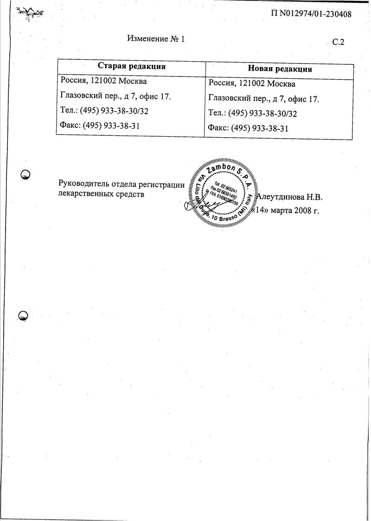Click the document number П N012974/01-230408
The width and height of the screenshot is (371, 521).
311,14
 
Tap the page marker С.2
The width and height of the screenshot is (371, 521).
339,42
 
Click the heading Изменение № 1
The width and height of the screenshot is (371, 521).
156,39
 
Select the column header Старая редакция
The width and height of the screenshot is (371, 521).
131,66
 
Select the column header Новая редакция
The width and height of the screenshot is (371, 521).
280,69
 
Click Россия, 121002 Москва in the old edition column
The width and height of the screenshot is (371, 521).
104,82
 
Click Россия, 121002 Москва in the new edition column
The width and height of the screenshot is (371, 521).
252,84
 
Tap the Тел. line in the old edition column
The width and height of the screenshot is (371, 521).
104,111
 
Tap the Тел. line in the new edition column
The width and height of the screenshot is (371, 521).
253,114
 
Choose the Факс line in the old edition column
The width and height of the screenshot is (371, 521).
100,126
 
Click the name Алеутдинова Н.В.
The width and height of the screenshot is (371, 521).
289,197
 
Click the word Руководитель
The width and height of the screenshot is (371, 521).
81,184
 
